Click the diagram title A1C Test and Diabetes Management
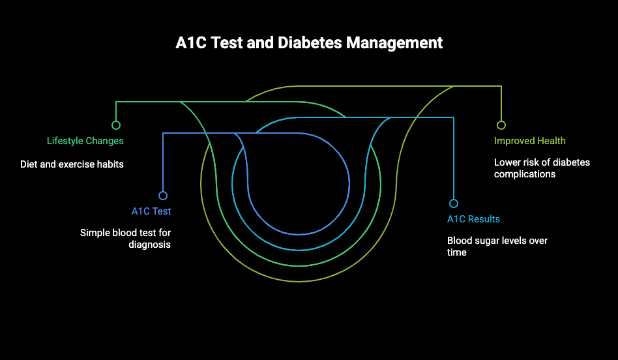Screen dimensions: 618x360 (309, 42)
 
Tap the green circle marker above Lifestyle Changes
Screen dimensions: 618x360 (116, 125)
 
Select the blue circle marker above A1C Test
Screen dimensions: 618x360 (163, 196)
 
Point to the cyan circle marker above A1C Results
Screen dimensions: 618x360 (454, 203)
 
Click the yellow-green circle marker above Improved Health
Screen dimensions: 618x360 (501, 125)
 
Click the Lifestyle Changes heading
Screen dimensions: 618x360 (85, 141)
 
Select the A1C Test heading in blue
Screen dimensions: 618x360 (151, 211)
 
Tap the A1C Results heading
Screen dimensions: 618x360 (473, 219)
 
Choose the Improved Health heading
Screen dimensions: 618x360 (530, 141)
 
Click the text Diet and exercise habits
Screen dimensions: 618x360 (72, 164)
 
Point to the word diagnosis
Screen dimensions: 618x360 (150, 245)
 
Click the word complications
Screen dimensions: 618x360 (525, 174)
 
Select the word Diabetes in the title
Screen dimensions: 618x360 (310, 42)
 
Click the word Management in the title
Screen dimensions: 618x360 (394, 43)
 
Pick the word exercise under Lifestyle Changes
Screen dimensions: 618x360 (74, 164)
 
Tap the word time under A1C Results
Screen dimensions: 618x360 (456, 252)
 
